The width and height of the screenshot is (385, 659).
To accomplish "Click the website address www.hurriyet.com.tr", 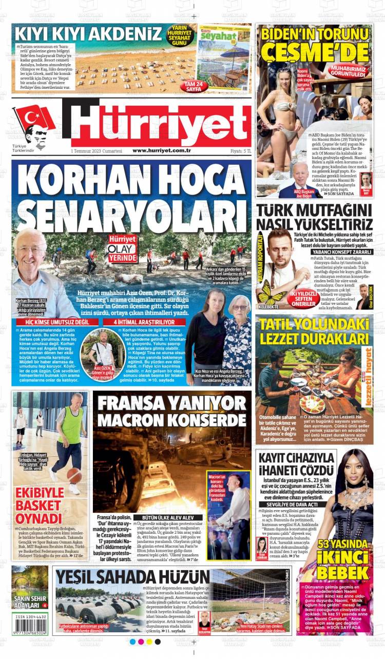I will pyautogui.click(x=162, y=150).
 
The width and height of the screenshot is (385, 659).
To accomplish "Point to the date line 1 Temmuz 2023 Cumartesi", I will pyautogui.click(x=97, y=151).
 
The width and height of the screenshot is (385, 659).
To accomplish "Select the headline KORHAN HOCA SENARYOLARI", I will pyautogui.click(x=131, y=197).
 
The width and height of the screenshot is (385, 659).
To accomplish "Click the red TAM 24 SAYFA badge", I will pyautogui.click(x=183, y=86).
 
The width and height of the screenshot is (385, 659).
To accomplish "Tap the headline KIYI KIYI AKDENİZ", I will pyautogui.click(x=88, y=35).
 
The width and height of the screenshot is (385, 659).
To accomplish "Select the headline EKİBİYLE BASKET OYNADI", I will pyautogui.click(x=38, y=504).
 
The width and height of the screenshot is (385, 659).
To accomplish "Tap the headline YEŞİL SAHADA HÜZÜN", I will pyautogui.click(x=132, y=576).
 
